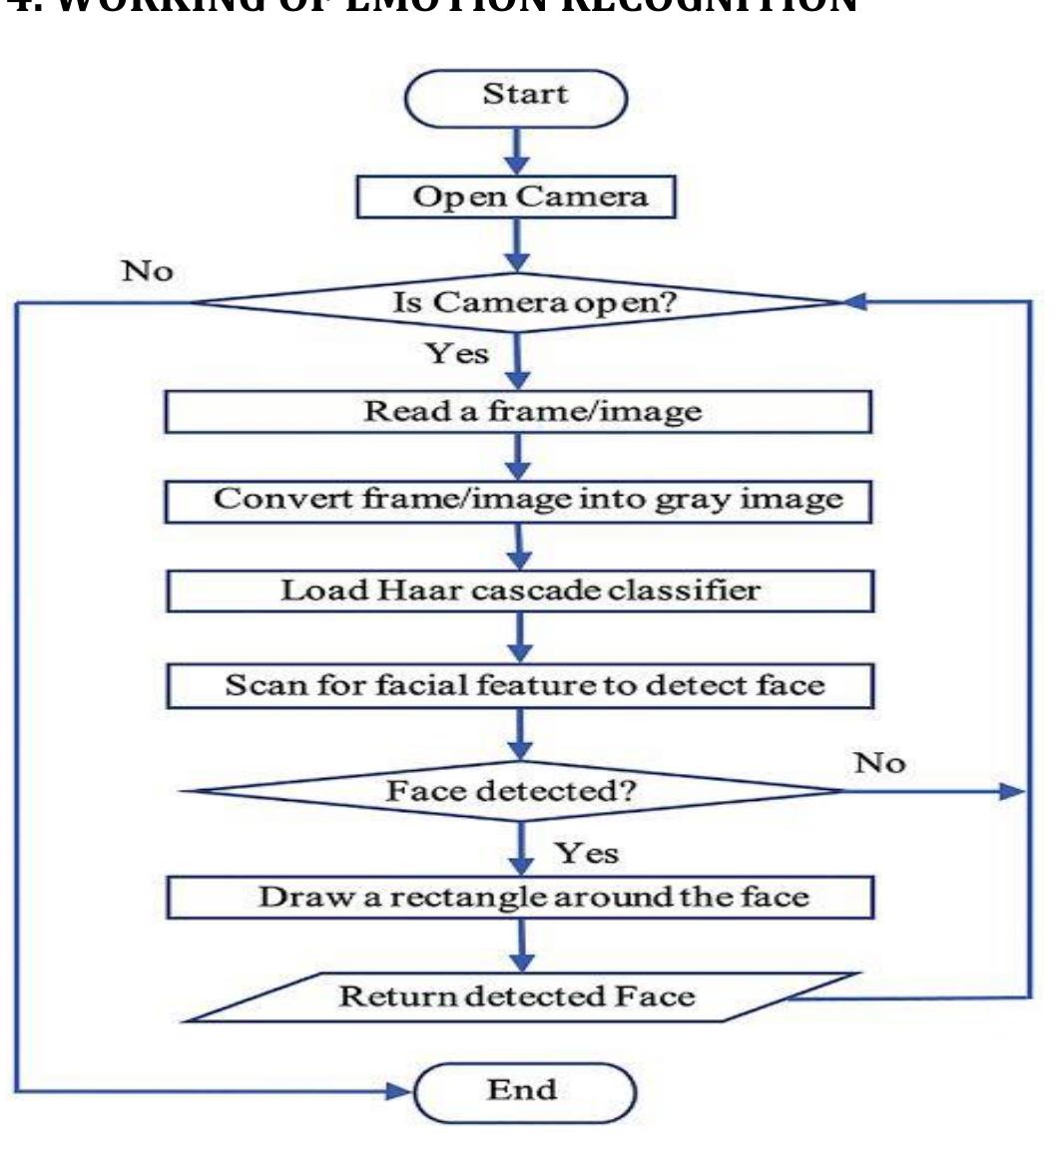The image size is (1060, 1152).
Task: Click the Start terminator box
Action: tap(515, 97)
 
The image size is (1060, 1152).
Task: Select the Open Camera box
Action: tap(516, 196)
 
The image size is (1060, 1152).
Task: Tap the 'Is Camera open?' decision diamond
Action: tap(516, 302)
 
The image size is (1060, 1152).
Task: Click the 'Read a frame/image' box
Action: tap(518, 411)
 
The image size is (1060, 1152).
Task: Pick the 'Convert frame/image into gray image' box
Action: tap(518, 499)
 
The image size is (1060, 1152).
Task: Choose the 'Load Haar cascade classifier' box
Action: tap(519, 589)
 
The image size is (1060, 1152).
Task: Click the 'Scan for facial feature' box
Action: tap(519, 685)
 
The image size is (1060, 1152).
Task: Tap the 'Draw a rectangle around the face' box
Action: tap(519, 896)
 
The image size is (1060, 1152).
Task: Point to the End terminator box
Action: tap(524, 1090)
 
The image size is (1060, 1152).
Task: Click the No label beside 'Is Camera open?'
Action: tap(147, 270)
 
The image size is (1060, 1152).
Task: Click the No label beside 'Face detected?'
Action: tap(879, 763)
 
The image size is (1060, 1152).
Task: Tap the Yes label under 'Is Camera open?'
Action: tap(458, 353)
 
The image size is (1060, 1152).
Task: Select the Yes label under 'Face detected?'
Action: tap(586, 853)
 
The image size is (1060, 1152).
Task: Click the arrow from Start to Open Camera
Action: tap(516, 150)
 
